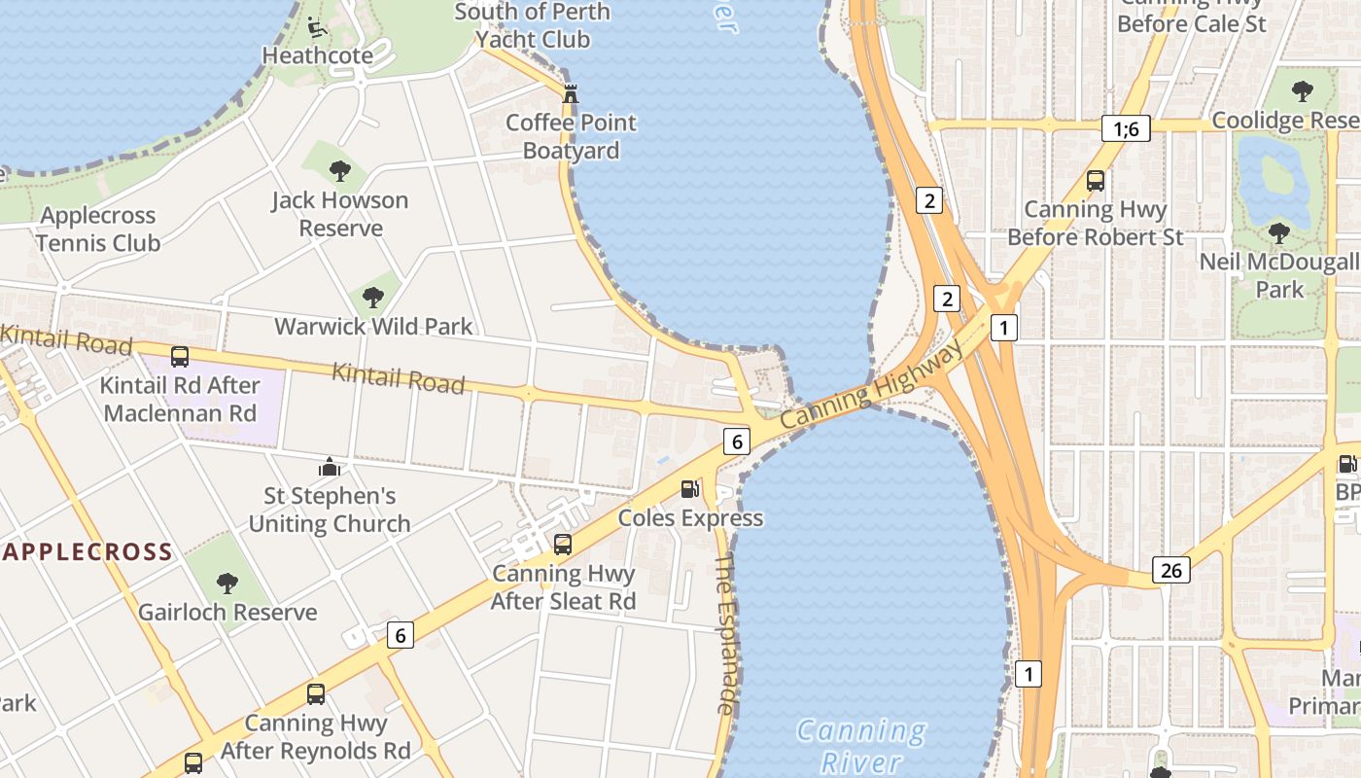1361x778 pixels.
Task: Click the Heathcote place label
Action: point(318,55)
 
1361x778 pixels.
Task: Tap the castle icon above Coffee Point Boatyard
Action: point(571,94)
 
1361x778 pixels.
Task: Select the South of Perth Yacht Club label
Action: point(533,25)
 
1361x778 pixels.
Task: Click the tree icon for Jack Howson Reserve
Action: point(339,172)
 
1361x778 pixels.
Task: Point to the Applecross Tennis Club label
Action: point(97,229)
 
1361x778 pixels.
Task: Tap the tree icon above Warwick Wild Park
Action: point(372,298)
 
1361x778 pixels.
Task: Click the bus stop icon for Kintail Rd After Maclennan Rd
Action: point(180,357)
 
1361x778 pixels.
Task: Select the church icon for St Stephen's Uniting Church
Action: point(330,468)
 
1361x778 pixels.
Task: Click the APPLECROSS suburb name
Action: point(87,552)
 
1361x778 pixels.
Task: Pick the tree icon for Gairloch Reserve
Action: point(227,583)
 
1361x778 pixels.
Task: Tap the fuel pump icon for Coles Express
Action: point(689,489)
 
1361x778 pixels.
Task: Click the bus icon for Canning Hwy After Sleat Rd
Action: point(562,545)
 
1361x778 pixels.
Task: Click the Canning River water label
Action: point(861,745)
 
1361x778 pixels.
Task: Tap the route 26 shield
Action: point(1171,570)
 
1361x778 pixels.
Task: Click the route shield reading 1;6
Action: point(1126,128)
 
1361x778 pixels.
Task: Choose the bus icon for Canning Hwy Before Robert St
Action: point(1096,181)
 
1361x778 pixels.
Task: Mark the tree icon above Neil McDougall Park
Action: point(1279,233)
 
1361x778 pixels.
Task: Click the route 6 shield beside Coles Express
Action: point(737,442)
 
